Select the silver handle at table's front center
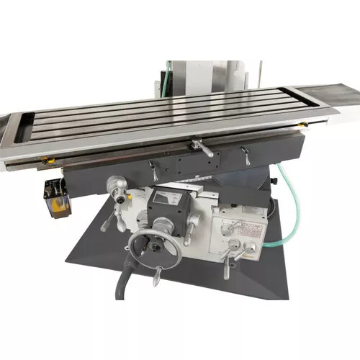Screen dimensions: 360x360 202,149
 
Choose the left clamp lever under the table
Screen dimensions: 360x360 153,171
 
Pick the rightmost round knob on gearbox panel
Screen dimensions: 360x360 250,247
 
